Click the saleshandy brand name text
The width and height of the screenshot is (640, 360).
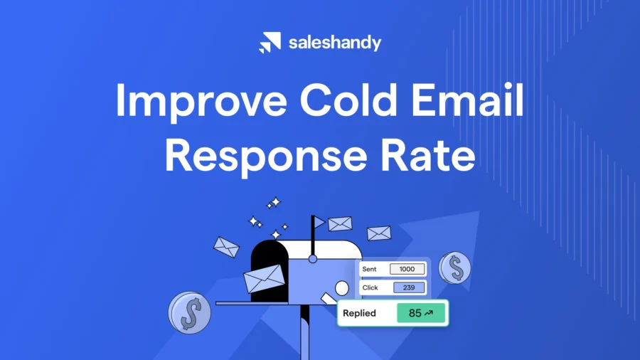334,43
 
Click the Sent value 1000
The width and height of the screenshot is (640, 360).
407,269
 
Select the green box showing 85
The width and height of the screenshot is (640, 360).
421,313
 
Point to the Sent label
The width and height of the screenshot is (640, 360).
369,269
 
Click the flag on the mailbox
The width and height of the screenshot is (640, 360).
319,223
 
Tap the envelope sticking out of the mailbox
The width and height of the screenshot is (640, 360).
264,278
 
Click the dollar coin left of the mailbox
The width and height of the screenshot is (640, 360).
190,312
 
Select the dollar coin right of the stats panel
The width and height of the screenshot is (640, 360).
454,268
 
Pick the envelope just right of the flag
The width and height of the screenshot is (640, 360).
340,223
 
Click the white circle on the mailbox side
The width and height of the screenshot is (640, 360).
342,288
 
